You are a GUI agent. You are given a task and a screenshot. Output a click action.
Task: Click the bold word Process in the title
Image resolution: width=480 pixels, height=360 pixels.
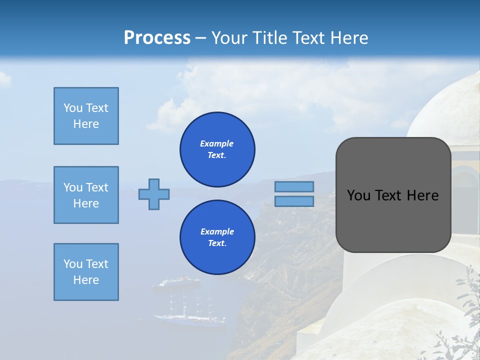[x=157, y=38]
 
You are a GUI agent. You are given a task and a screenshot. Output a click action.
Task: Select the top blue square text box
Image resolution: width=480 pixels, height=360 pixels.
[x=86, y=116]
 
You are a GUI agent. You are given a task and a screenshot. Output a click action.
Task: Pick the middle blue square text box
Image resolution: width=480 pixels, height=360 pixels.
[x=86, y=195]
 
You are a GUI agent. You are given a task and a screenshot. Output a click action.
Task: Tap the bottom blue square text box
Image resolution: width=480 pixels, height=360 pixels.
[x=86, y=272]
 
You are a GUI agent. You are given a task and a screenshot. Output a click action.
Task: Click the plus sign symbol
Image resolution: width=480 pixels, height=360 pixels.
[x=154, y=194]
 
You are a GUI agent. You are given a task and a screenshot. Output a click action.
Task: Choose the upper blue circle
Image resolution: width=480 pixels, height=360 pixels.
[x=217, y=149]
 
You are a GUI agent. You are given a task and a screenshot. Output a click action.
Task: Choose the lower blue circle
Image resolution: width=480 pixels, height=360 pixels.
[x=217, y=237]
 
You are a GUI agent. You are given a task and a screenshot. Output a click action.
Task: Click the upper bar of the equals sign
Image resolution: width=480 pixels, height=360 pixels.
[x=294, y=187]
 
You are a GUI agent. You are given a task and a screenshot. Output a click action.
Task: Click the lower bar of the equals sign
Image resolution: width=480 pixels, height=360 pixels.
[x=294, y=201]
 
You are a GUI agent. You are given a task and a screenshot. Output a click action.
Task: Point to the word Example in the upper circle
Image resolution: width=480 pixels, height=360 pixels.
[x=217, y=143]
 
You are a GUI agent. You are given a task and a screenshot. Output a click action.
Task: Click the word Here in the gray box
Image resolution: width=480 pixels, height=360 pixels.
[x=422, y=195]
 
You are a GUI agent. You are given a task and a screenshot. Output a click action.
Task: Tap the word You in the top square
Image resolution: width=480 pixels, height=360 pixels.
[x=72, y=108]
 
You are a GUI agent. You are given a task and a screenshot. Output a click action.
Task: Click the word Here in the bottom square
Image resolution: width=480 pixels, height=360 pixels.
[x=86, y=280]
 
